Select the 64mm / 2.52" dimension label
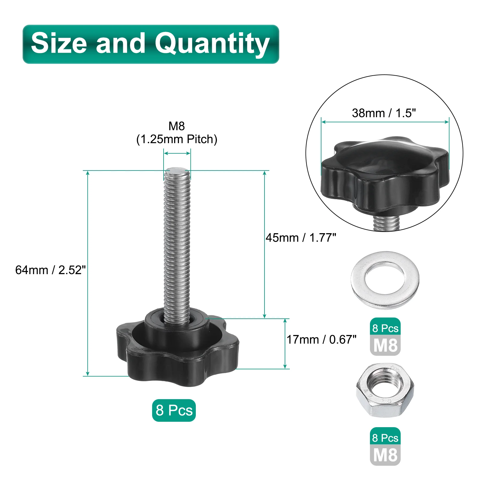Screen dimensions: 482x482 pos(50,270)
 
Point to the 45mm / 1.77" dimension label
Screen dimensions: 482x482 pos(301,238)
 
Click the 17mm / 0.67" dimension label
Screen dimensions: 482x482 pos(321,340)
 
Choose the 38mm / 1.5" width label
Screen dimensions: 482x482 pos(384,113)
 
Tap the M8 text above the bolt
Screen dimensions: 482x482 pos(177,126)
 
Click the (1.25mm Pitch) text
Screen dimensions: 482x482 pos(177,139)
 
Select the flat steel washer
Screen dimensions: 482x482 pos(385,280)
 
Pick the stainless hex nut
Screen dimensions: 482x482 pos(385,390)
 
